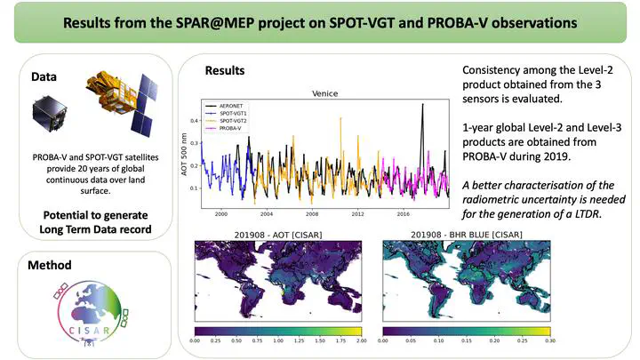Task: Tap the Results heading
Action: click(x=226, y=70)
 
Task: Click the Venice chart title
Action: click(x=327, y=92)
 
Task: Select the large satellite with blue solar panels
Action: click(x=116, y=102)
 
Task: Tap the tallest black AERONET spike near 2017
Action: click(x=422, y=106)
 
